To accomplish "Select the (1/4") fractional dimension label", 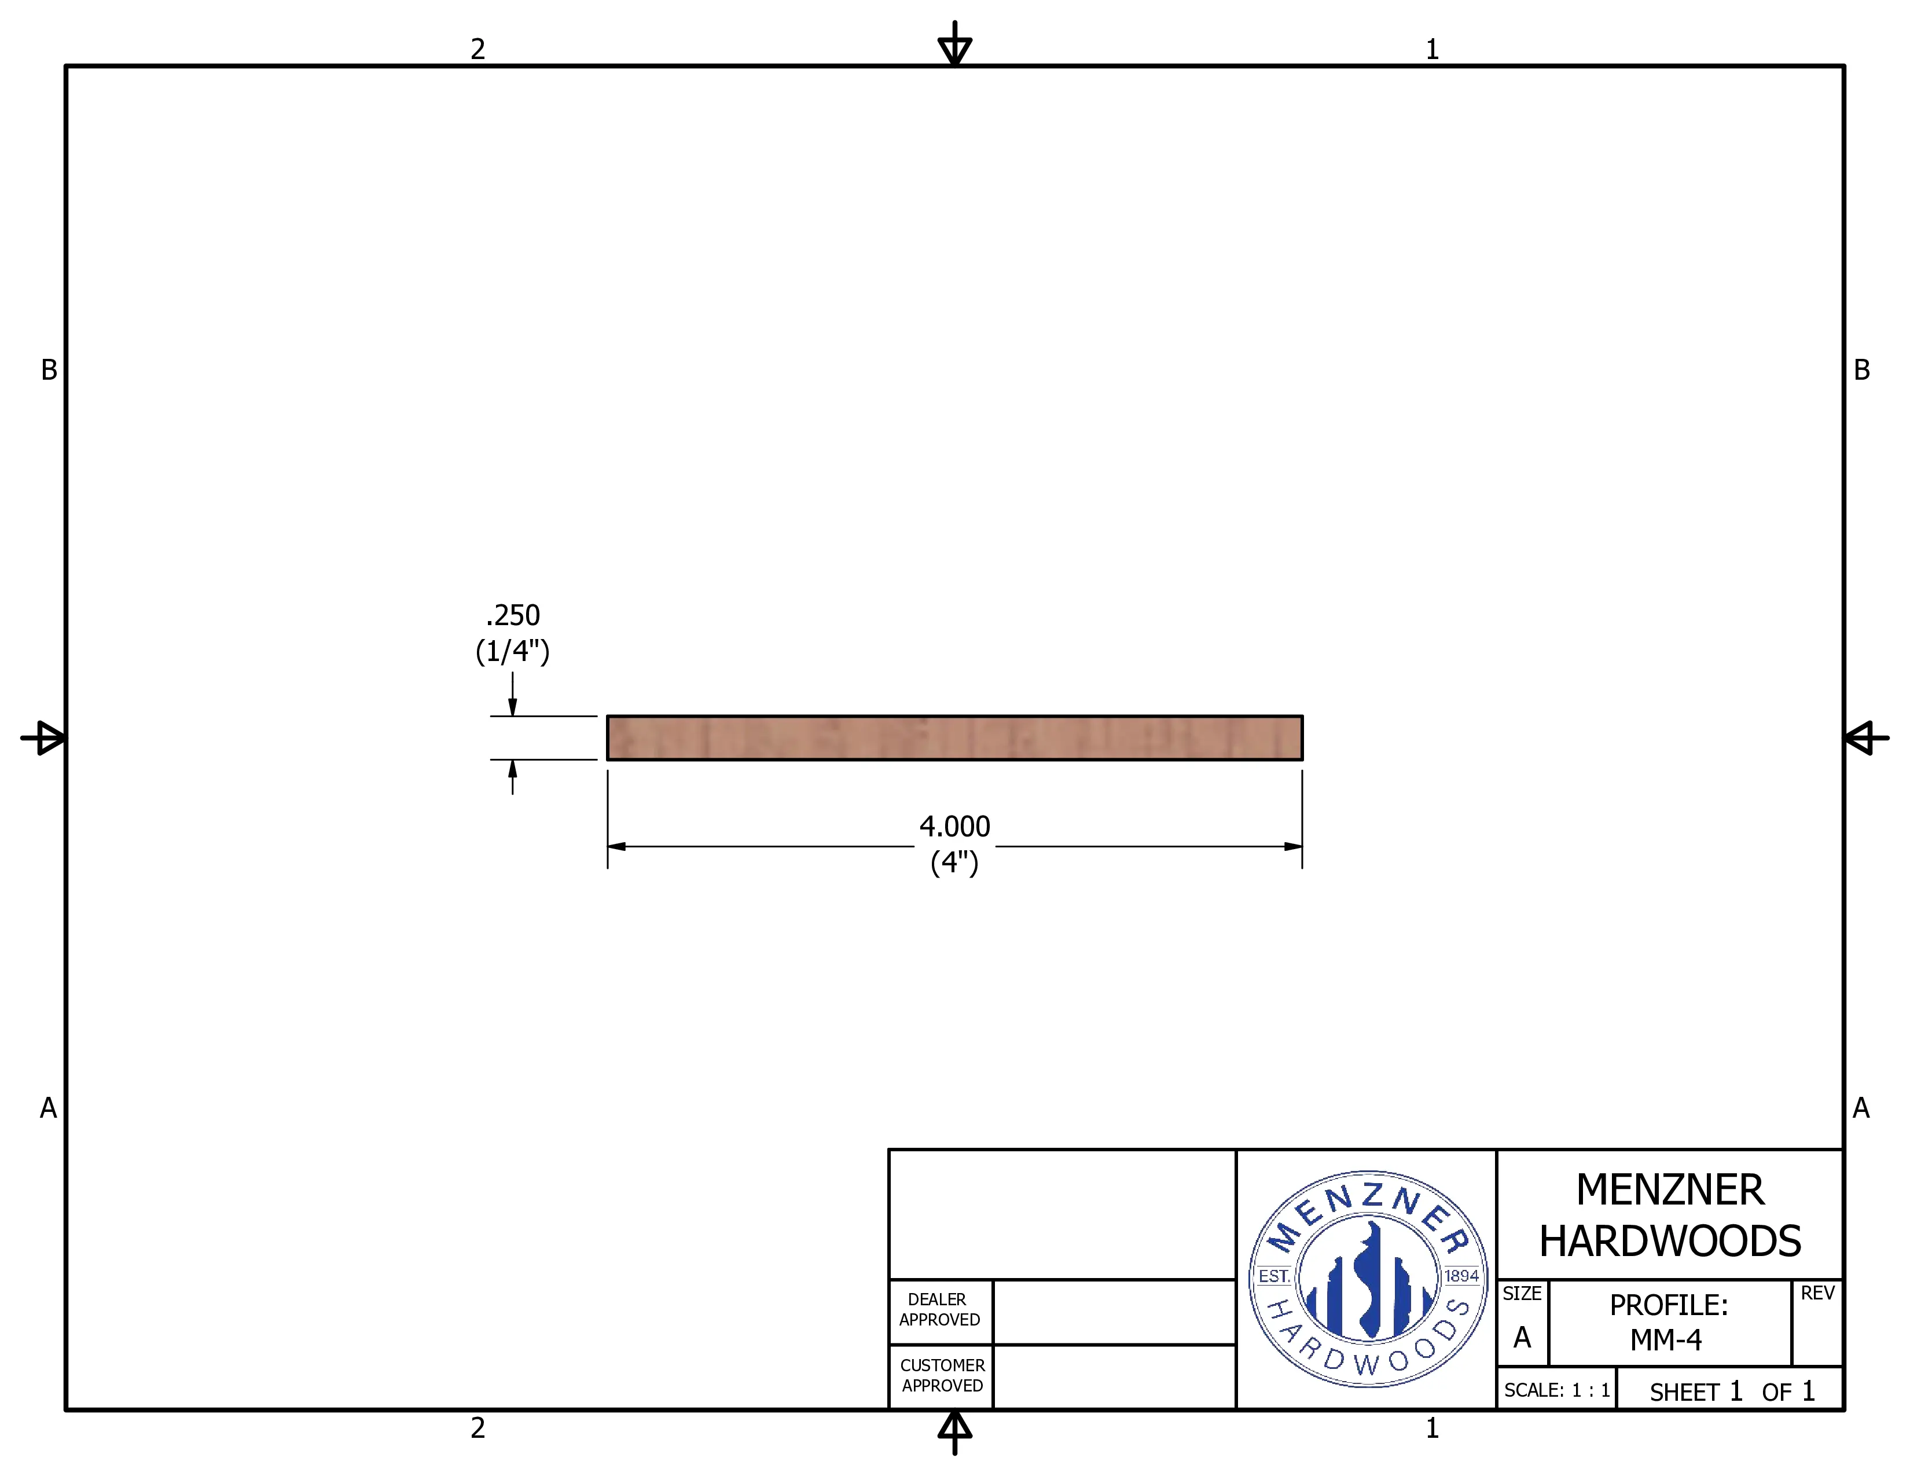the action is click(512, 651).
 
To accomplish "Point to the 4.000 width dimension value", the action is click(954, 827).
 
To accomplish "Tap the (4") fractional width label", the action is click(954, 863).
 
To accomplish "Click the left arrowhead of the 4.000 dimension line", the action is click(616, 846).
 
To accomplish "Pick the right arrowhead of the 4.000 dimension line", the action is click(1292, 846).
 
